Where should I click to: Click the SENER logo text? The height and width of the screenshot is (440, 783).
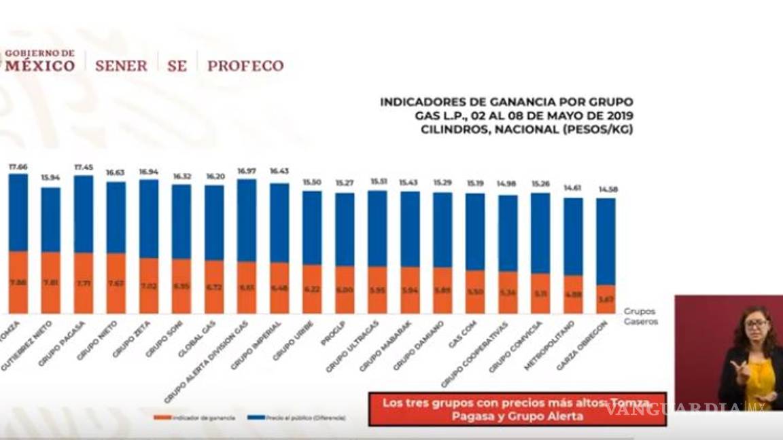(x=121, y=66)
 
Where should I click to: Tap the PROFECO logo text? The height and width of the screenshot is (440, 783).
(x=245, y=66)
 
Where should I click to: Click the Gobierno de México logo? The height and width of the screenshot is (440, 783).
(x=40, y=60)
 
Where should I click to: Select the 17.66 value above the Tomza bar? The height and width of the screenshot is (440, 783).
(x=18, y=166)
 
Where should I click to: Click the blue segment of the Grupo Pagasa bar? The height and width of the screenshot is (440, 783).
(x=84, y=214)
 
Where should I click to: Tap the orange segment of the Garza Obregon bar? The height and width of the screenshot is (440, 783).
(x=606, y=299)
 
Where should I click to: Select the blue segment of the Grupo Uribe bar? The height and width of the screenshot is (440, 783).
(x=312, y=227)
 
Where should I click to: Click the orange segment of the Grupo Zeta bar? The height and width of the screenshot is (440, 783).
(x=149, y=286)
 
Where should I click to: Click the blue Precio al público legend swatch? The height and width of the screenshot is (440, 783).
(x=256, y=418)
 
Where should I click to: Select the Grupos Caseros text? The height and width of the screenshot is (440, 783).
(x=640, y=316)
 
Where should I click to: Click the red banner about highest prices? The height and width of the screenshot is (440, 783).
(x=517, y=409)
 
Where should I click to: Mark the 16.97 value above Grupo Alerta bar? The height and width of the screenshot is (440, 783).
(x=247, y=171)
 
